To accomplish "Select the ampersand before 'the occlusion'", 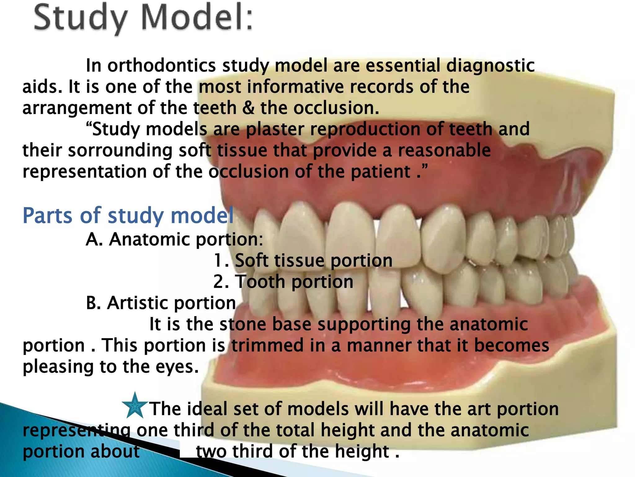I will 248,108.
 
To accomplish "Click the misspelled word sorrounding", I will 120,151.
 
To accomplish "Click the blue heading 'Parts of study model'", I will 128,215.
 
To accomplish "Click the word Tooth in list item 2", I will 260,282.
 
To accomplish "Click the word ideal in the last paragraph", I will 207,409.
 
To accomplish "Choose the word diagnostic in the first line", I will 490,66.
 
